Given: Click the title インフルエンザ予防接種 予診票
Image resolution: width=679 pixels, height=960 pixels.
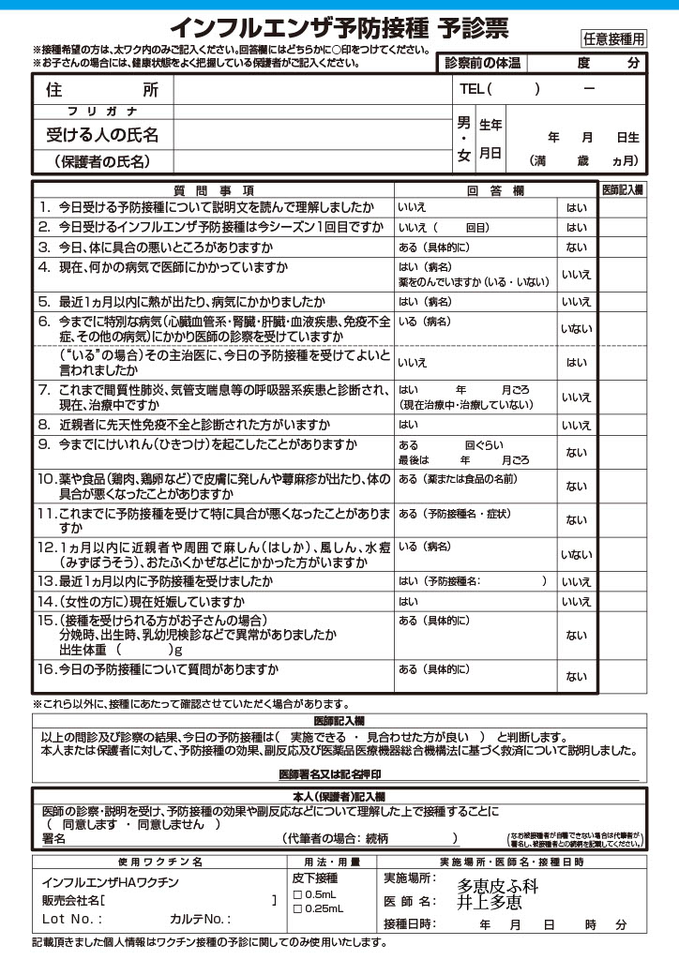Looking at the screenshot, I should [339, 29].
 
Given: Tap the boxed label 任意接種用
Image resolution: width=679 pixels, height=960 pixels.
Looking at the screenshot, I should [613, 38].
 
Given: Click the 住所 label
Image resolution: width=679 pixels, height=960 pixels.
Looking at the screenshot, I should [102, 90].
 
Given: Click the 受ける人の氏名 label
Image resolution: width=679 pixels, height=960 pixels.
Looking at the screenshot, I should [102, 135].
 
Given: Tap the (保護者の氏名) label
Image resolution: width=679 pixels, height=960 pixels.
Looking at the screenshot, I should [102, 161].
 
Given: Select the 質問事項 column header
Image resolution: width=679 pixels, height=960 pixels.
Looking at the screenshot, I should [214, 189].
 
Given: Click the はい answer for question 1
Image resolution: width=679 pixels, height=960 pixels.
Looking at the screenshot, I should [576, 207].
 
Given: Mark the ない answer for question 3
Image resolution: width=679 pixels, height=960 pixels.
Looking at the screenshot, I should [576, 247].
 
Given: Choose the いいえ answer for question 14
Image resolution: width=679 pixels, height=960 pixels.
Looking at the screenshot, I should [576, 601].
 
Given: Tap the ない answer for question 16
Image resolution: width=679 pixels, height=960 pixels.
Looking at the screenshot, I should [576, 677].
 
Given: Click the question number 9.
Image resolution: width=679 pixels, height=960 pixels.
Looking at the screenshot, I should [43, 444].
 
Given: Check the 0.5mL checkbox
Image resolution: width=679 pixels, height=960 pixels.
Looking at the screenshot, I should [297, 894].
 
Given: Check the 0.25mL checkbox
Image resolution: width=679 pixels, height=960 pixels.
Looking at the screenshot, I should [297, 908].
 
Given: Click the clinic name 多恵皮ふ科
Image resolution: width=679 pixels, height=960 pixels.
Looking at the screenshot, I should [498, 884].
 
